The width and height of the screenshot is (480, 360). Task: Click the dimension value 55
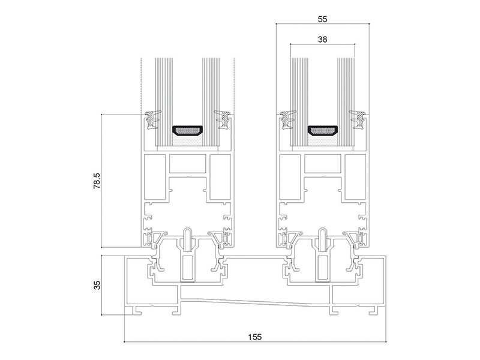(x=322, y=19)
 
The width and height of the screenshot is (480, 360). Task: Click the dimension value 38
(x=322, y=39)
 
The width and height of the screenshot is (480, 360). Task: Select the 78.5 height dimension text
(x=97, y=181)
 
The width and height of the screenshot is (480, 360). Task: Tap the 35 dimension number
(x=97, y=286)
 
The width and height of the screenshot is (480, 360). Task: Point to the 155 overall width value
(x=254, y=337)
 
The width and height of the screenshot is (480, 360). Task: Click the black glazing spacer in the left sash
(x=187, y=130)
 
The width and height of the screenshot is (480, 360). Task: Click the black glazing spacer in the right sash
(x=322, y=130)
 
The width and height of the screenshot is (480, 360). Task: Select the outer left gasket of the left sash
(x=153, y=119)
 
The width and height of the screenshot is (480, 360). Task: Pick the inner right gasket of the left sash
(x=222, y=119)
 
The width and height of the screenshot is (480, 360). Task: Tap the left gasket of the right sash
(x=288, y=119)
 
